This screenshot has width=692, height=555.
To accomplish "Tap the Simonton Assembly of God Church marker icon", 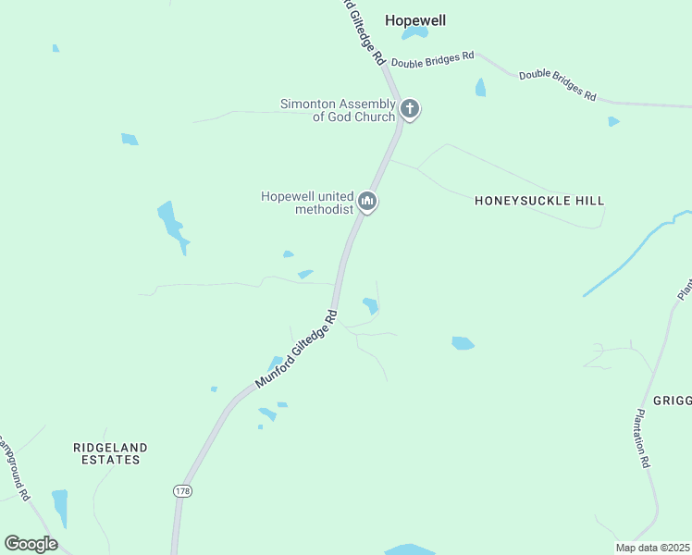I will pos(410,110).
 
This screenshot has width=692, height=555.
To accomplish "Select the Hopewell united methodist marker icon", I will pos(367,202).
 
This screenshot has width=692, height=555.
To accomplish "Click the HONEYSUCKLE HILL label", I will pos(539,200).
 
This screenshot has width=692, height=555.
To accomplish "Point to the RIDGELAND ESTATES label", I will pos(110,453).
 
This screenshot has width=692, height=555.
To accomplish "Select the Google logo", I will pos(31,544).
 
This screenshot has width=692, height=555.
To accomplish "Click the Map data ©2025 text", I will pos(652,548).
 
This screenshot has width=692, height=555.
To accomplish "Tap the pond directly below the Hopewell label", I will pos(415,33).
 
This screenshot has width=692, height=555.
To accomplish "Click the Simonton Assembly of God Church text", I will pos(338,110).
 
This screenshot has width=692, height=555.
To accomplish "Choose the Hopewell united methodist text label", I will pos(307,202).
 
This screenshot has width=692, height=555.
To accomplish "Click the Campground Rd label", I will pos(17,472).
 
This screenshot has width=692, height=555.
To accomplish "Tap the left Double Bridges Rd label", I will pos(432,58).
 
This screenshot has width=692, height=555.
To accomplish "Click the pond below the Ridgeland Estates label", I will pos(60,507).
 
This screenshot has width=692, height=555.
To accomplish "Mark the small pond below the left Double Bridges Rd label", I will pos(480,88).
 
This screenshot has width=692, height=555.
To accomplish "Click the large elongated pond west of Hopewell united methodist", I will pos(171,225).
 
